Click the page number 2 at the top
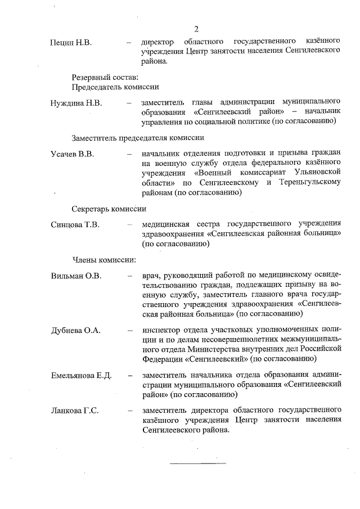pyautogui.click(x=196, y=29)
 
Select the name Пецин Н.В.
pyautogui.click(x=71, y=42)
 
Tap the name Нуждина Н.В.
pyautogui.click(x=76, y=102)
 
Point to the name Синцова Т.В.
pyautogui.click(x=75, y=225)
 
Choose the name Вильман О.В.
pyautogui.click(x=76, y=276)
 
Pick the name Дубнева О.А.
pyautogui.click(x=75, y=330)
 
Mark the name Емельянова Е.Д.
pyautogui.click(x=82, y=375)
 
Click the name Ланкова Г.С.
pyautogui.click(x=75, y=411)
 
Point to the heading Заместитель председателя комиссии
pyautogui.click(x=137, y=137)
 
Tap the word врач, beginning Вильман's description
pyautogui.click(x=152, y=276)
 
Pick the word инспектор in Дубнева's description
pyautogui.click(x=164, y=330)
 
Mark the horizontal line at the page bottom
pyautogui.click(x=197, y=463)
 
